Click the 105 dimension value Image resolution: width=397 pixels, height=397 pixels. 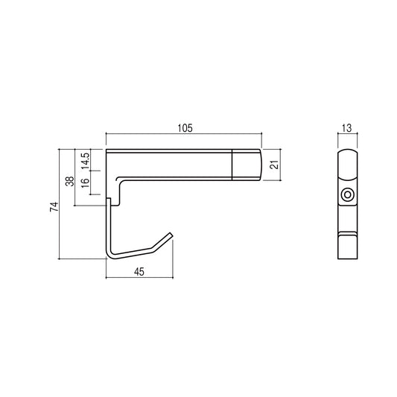pos(185,128)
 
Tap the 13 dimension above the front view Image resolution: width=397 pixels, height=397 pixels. pos(346,128)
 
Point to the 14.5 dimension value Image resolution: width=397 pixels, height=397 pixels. pos(86,159)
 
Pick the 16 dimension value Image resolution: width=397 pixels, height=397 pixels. pos(86,182)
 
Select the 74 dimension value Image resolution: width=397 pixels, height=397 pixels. pos(54,208)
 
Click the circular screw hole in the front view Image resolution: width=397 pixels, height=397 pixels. pos(346,196)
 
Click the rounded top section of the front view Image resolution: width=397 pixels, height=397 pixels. pos(346,164)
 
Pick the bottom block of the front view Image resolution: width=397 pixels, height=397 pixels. pos(346,244)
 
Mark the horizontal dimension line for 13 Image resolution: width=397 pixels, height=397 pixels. pos(346,135)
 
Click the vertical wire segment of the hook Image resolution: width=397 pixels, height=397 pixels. pos(107,227)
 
